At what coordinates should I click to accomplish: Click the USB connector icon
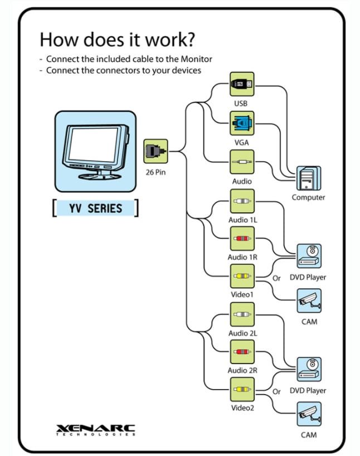click(x=242, y=84)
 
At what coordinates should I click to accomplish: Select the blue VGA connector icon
click(x=242, y=123)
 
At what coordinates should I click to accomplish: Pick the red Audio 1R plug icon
click(x=242, y=239)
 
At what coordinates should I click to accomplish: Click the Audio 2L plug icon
click(x=242, y=314)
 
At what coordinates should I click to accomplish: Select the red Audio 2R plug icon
click(x=242, y=352)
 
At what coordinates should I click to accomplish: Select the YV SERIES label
click(x=95, y=208)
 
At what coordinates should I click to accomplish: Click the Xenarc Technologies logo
click(x=95, y=430)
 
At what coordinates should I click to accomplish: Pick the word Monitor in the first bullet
click(x=196, y=59)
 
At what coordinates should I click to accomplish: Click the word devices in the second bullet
click(x=186, y=70)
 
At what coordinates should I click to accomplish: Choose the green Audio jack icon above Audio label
click(x=242, y=162)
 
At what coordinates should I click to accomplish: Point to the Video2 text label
click(x=242, y=408)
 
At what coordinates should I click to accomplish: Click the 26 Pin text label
click(x=155, y=172)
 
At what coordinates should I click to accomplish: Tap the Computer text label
click(x=308, y=197)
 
